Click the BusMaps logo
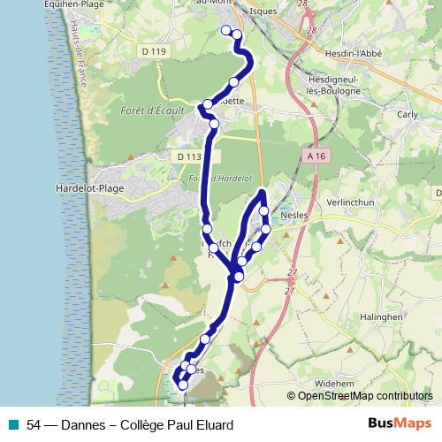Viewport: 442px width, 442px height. coord(399,424)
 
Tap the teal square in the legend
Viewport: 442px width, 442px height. coord(11,425)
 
